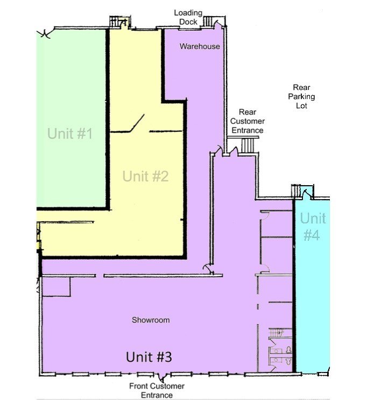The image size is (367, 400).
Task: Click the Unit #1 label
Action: tap(70, 133)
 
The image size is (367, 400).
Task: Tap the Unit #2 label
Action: tap(145, 176)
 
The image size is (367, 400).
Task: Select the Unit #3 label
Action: tap(149, 356)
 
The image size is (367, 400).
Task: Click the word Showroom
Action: tap(151, 320)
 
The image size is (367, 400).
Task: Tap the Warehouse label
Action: tap(200, 46)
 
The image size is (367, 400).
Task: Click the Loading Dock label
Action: tap(188, 17)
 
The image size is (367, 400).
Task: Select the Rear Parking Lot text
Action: tap(301, 96)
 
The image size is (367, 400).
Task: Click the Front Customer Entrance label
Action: tap(157, 390)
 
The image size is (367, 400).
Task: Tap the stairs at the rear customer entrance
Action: tap(248, 145)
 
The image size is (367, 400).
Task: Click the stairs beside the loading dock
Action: tap(208, 21)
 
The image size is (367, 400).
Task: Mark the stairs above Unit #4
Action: tap(295, 191)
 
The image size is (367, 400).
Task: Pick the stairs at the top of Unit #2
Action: tap(116, 22)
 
